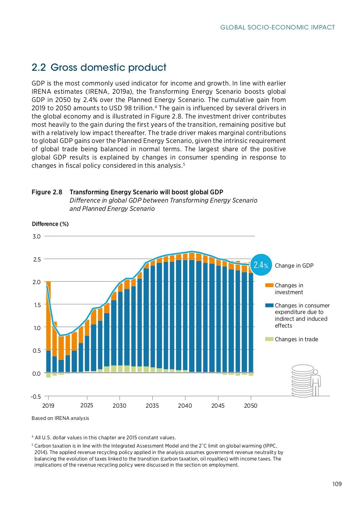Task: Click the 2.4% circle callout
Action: pyautogui.click(x=261, y=265)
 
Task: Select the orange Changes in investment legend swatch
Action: pyautogui.click(x=269, y=285)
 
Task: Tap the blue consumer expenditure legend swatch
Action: pyautogui.click(x=269, y=305)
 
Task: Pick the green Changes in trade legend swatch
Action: pyautogui.click(x=269, y=339)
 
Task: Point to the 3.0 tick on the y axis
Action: pyautogui.click(x=37, y=236)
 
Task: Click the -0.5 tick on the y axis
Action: pyautogui.click(x=36, y=397)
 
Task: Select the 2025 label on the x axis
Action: pyautogui.click(x=87, y=405)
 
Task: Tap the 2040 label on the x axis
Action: pyautogui.click(x=185, y=406)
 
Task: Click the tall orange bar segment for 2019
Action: pyautogui.click(x=48, y=316)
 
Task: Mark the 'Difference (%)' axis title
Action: pyautogui.click(x=50, y=224)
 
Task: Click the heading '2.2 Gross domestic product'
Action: pyautogui.click(x=99, y=68)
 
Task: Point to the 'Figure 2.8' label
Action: pyautogui.click(x=47, y=192)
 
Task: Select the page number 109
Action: pyautogui.click(x=337, y=484)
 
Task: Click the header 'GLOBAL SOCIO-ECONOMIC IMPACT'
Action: pyautogui.click(x=277, y=27)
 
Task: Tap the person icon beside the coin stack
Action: pyautogui.click(x=316, y=383)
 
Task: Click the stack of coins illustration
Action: pyautogui.click(x=302, y=381)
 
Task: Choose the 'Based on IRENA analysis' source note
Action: pyautogui.click(x=60, y=418)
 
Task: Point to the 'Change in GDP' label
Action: pyautogui.click(x=294, y=265)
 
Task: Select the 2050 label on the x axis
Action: pyautogui.click(x=251, y=406)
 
